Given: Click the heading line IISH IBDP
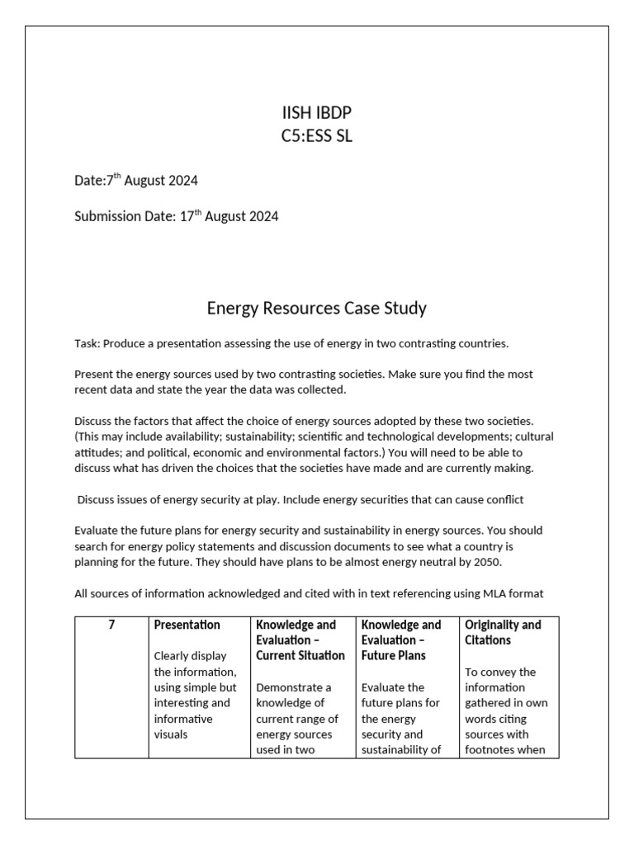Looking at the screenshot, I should [x=316, y=114].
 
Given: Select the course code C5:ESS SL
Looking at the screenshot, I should [x=316, y=136].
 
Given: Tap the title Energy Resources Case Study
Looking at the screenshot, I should [x=316, y=309].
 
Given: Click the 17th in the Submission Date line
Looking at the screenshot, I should [x=191, y=216].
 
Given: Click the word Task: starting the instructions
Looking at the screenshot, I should [x=87, y=342].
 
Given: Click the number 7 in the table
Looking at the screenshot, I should [x=111, y=625].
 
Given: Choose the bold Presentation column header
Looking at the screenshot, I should [x=187, y=625].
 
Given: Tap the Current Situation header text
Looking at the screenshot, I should [x=300, y=656].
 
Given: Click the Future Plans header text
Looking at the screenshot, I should [x=393, y=656].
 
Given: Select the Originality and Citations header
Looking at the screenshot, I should [x=503, y=632].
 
